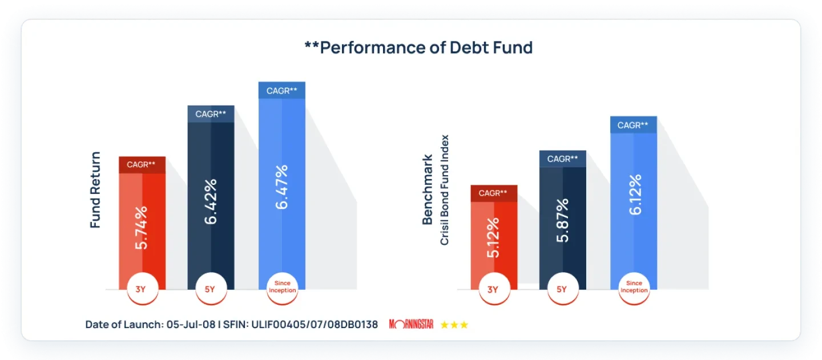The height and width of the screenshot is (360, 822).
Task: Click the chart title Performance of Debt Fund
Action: click(x=418, y=47)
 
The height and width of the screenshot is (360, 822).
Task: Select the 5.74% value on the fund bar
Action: click(x=142, y=227)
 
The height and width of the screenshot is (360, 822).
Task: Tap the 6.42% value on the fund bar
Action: click(x=211, y=201)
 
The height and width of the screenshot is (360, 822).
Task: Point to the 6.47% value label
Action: click(x=281, y=187)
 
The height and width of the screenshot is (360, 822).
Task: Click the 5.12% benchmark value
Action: click(x=493, y=237)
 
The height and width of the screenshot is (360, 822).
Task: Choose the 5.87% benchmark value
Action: click(x=563, y=220)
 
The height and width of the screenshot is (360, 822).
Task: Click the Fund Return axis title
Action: click(x=95, y=190)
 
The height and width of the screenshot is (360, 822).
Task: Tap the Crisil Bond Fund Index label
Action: click(x=445, y=190)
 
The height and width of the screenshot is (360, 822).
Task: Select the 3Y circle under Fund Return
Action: click(x=140, y=289)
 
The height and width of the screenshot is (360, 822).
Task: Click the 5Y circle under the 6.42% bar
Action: click(x=210, y=289)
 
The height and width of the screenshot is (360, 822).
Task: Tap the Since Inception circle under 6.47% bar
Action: click(x=282, y=287)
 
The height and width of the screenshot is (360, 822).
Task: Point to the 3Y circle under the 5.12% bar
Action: click(x=493, y=289)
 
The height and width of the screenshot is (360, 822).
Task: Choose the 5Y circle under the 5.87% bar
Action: click(x=562, y=289)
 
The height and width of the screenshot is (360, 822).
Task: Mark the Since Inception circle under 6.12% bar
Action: click(x=634, y=287)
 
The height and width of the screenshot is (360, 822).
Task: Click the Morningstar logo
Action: click(x=411, y=325)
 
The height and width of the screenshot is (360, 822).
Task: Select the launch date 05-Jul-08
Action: click(x=191, y=325)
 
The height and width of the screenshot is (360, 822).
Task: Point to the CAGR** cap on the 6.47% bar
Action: click(x=281, y=90)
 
